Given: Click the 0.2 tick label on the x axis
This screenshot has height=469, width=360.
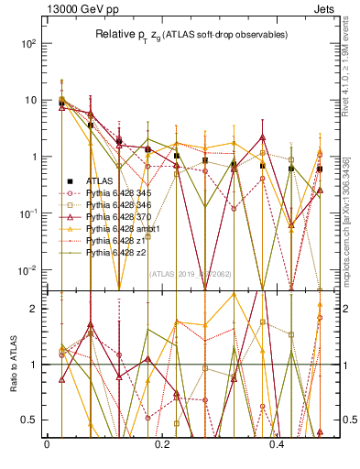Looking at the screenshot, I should click(x=162, y=444).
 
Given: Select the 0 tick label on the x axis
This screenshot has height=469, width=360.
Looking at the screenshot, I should click(x=47, y=444).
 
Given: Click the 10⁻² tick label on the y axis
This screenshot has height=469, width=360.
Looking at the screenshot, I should click(x=29, y=270).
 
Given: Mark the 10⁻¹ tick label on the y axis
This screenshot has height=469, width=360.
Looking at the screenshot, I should click(x=29, y=213).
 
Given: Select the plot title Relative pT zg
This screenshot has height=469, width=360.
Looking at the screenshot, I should click(x=183, y=35).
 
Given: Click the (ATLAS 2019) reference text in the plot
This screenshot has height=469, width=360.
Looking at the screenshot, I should click(x=184, y=274).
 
